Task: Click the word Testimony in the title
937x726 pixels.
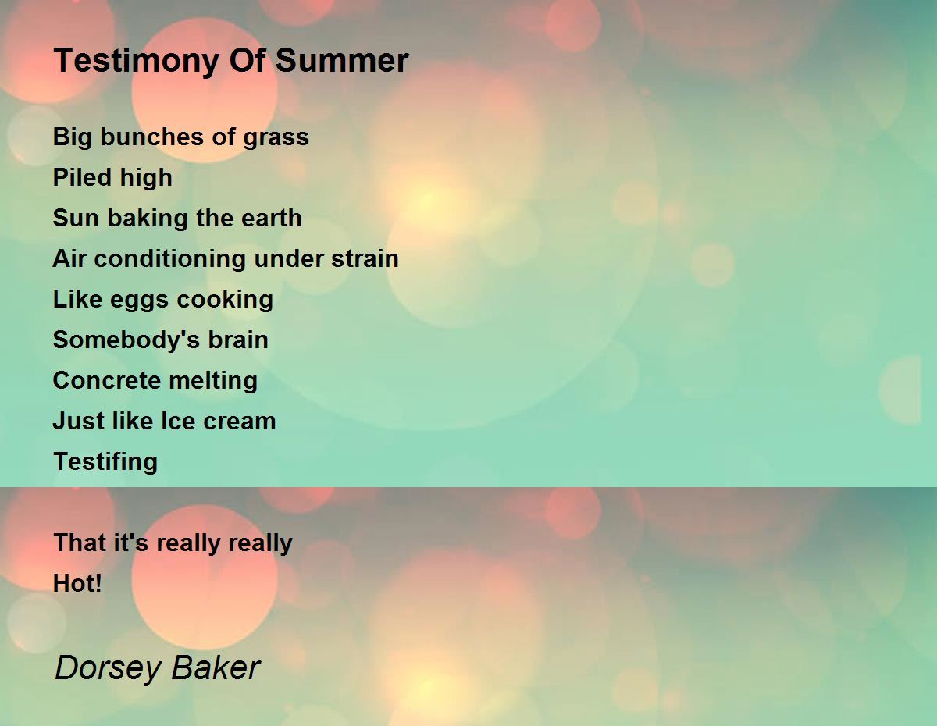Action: tap(137, 61)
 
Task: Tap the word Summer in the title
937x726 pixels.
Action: tap(342, 60)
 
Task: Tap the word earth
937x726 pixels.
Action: tap(271, 218)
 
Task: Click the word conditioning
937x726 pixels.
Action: tap(170, 259)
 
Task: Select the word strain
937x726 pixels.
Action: tap(365, 258)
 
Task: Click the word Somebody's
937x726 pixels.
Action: tap(126, 340)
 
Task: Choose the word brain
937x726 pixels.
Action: tap(238, 340)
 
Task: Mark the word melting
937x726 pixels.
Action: tap(213, 382)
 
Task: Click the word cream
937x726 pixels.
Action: tap(239, 422)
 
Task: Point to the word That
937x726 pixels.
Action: tap(80, 543)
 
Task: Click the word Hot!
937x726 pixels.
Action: tap(77, 583)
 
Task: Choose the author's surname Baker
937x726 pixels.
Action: tap(216, 667)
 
